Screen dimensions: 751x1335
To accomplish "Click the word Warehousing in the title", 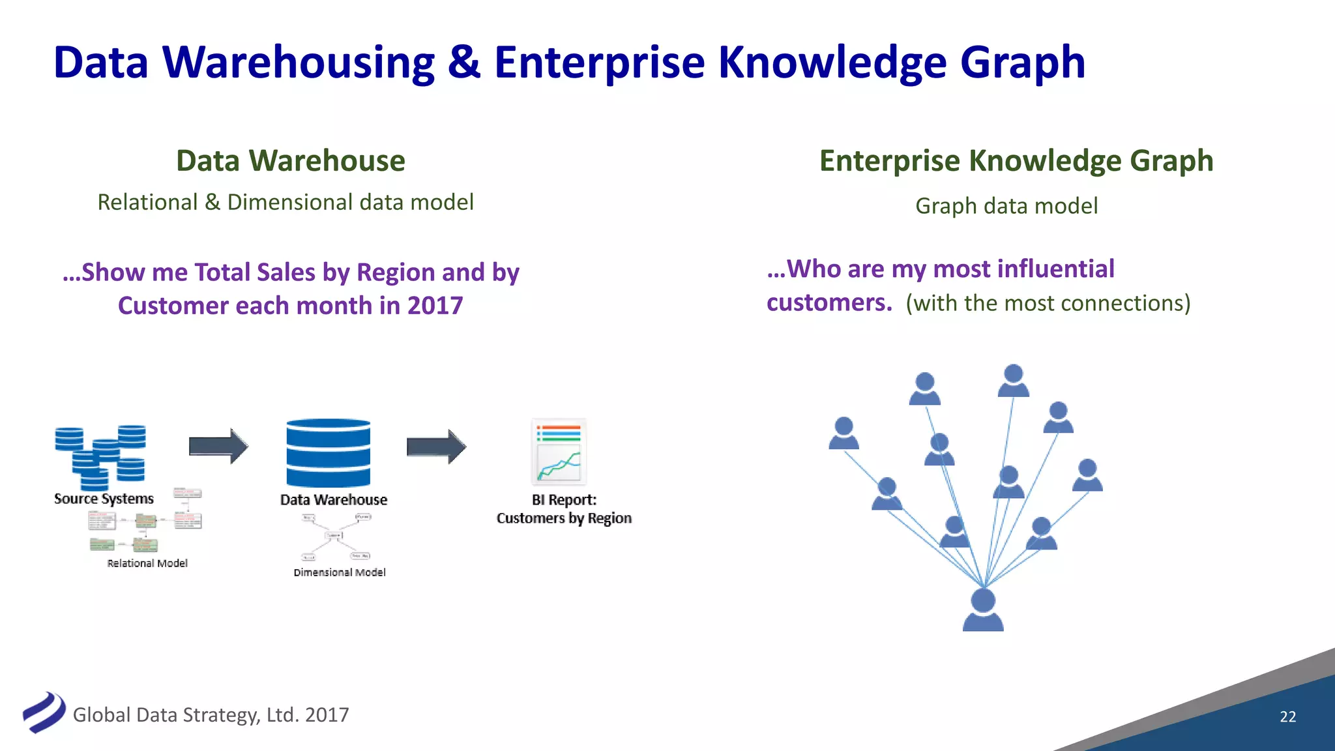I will [x=298, y=63].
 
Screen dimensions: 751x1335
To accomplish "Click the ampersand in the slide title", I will [x=463, y=63].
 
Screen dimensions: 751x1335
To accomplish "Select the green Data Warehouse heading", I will [x=291, y=161].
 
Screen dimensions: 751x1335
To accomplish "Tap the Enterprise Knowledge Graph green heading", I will [x=1016, y=161].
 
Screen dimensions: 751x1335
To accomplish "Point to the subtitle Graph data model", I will [x=1006, y=206].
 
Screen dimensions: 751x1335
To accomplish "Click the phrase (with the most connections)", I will [x=1048, y=303].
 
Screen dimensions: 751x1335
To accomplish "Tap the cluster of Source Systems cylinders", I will [x=101, y=456].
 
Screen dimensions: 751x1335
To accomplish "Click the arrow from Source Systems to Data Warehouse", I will [x=218, y=447].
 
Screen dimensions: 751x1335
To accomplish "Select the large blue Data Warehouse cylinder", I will [x=328, y=453].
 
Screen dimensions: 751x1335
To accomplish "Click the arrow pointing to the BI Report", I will [x=436, y=447].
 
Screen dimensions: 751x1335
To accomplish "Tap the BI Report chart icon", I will [x=559, y=452].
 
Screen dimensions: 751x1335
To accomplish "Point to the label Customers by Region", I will [x=564, y=518].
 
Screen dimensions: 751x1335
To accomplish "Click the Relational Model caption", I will [x=147, y=563].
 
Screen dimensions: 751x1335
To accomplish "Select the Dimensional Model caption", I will [x=339, y=572].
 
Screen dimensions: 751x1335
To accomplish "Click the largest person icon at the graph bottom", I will [x=983, y=610].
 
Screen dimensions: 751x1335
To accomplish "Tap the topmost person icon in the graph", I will [x=1013, y=381].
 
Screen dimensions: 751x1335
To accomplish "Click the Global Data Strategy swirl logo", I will [x=44, y=712].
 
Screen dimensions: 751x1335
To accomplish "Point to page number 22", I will [x=1287, y=716].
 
